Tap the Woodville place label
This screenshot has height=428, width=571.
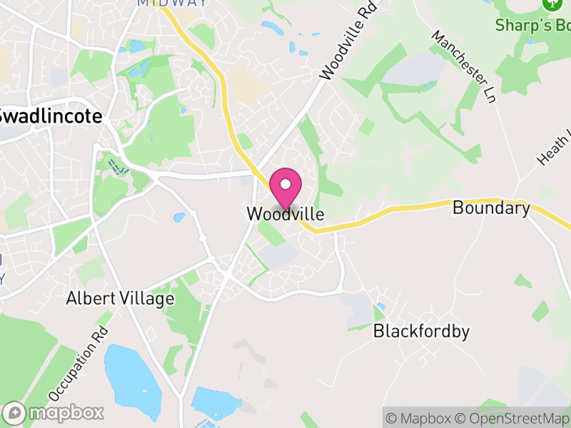click(x=285, y=214)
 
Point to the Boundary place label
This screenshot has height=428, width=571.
click(x=491, y=208)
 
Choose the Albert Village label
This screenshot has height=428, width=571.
click(x=120, y=298)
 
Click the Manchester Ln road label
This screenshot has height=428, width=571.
click(x=463, y=68)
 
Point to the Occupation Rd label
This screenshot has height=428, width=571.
click(x=78, y=363)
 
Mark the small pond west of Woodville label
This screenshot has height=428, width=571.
click(x=178, y=217)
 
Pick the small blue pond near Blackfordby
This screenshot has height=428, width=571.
click(x=380, y=307)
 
